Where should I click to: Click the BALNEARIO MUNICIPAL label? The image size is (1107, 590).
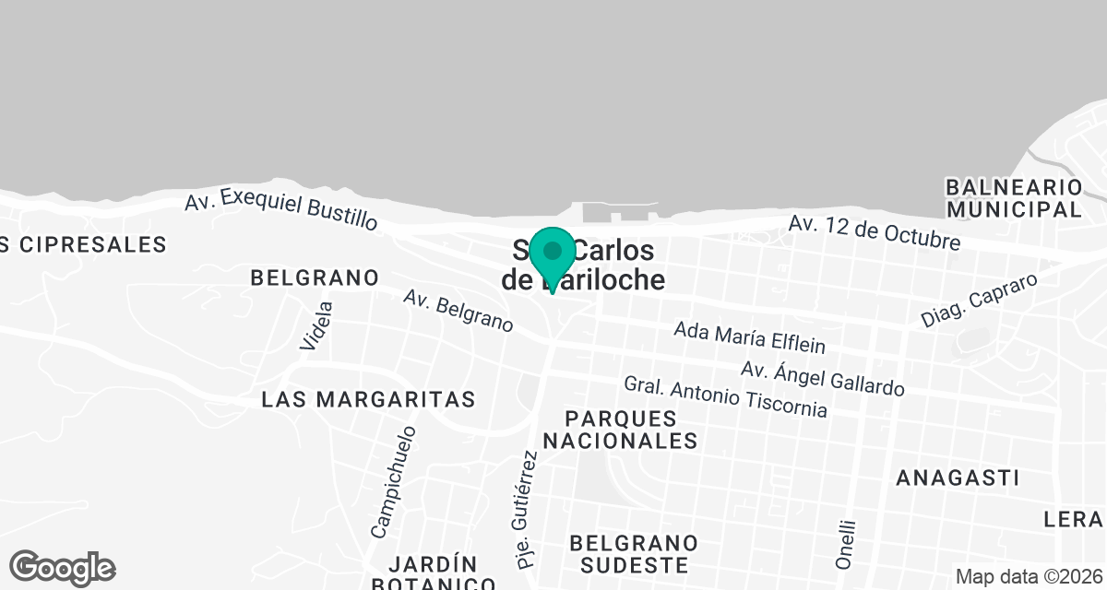[1013, 198]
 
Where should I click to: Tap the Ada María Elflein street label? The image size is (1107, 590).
[749, 337]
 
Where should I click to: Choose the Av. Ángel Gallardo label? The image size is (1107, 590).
[822, 378]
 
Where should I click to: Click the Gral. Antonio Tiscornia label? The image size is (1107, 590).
[725, 396]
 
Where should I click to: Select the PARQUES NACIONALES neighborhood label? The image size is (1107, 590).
[620, 430]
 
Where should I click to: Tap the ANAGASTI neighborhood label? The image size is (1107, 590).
[958, 478]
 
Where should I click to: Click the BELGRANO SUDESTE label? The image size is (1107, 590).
[634, 553]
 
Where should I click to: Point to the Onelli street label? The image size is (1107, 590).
[845, 544]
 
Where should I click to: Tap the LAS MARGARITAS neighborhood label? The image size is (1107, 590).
[368, 399]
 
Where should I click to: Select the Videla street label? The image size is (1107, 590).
[315, 325]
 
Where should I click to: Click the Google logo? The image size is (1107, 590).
[63, 567]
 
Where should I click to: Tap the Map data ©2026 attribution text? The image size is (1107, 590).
[1029, 577]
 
